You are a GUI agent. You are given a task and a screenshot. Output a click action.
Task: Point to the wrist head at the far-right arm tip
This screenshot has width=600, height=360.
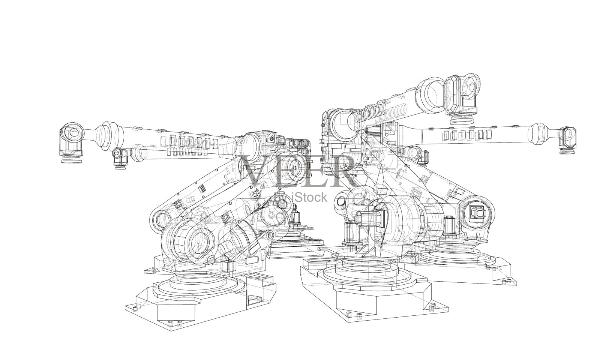click(569, 139)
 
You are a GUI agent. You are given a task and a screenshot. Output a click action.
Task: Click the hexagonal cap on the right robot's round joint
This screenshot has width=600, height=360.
click(478, 213)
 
